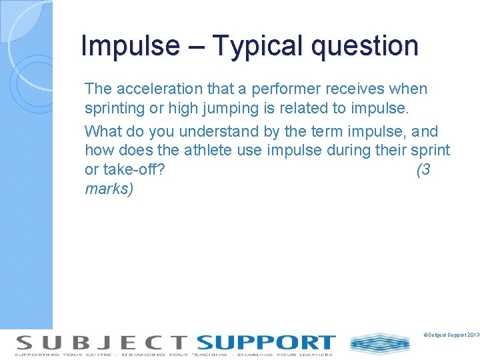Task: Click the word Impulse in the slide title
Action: point(129,46)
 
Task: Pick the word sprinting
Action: point(113,108)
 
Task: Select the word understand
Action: point(215,131)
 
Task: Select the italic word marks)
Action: point(109,189)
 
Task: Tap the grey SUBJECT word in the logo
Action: point(101,343)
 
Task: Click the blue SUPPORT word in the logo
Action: point(265,343)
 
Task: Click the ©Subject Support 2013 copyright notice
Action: point(451,333)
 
